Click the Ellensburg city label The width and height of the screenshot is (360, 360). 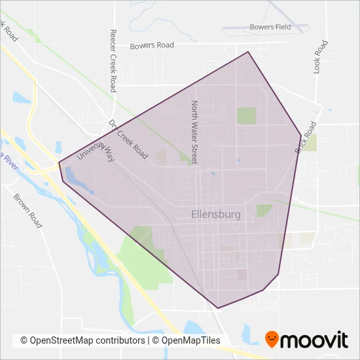pyautogui.click(x=216, y=214)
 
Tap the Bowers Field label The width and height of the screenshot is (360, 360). pyautogui.click(x=270, y=27)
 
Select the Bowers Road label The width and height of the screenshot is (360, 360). pyautogui.click(x=152, y=46)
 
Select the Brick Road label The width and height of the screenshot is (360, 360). pyautogui.click(x=306, y=137)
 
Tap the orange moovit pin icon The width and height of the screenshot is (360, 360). pyautogui.click(x=271, y=339)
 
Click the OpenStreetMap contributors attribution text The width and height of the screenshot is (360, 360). pyautogui.click(x=82, y=340)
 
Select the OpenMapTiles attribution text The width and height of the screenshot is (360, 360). pyautogui.click(x=187, y=340)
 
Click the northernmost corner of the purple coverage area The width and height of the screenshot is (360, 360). pyautogui.click(x=248, y=52)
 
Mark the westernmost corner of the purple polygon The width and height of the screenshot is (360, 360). pyautogui.click(x=59, y=162)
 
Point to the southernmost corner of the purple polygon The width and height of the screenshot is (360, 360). pyautogui.click(x=218, y=308)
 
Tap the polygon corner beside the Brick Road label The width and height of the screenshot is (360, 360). pyautogui.click(x=301, y=135)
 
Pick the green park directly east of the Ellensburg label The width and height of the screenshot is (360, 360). pyautogui.click(x=264, y=210)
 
